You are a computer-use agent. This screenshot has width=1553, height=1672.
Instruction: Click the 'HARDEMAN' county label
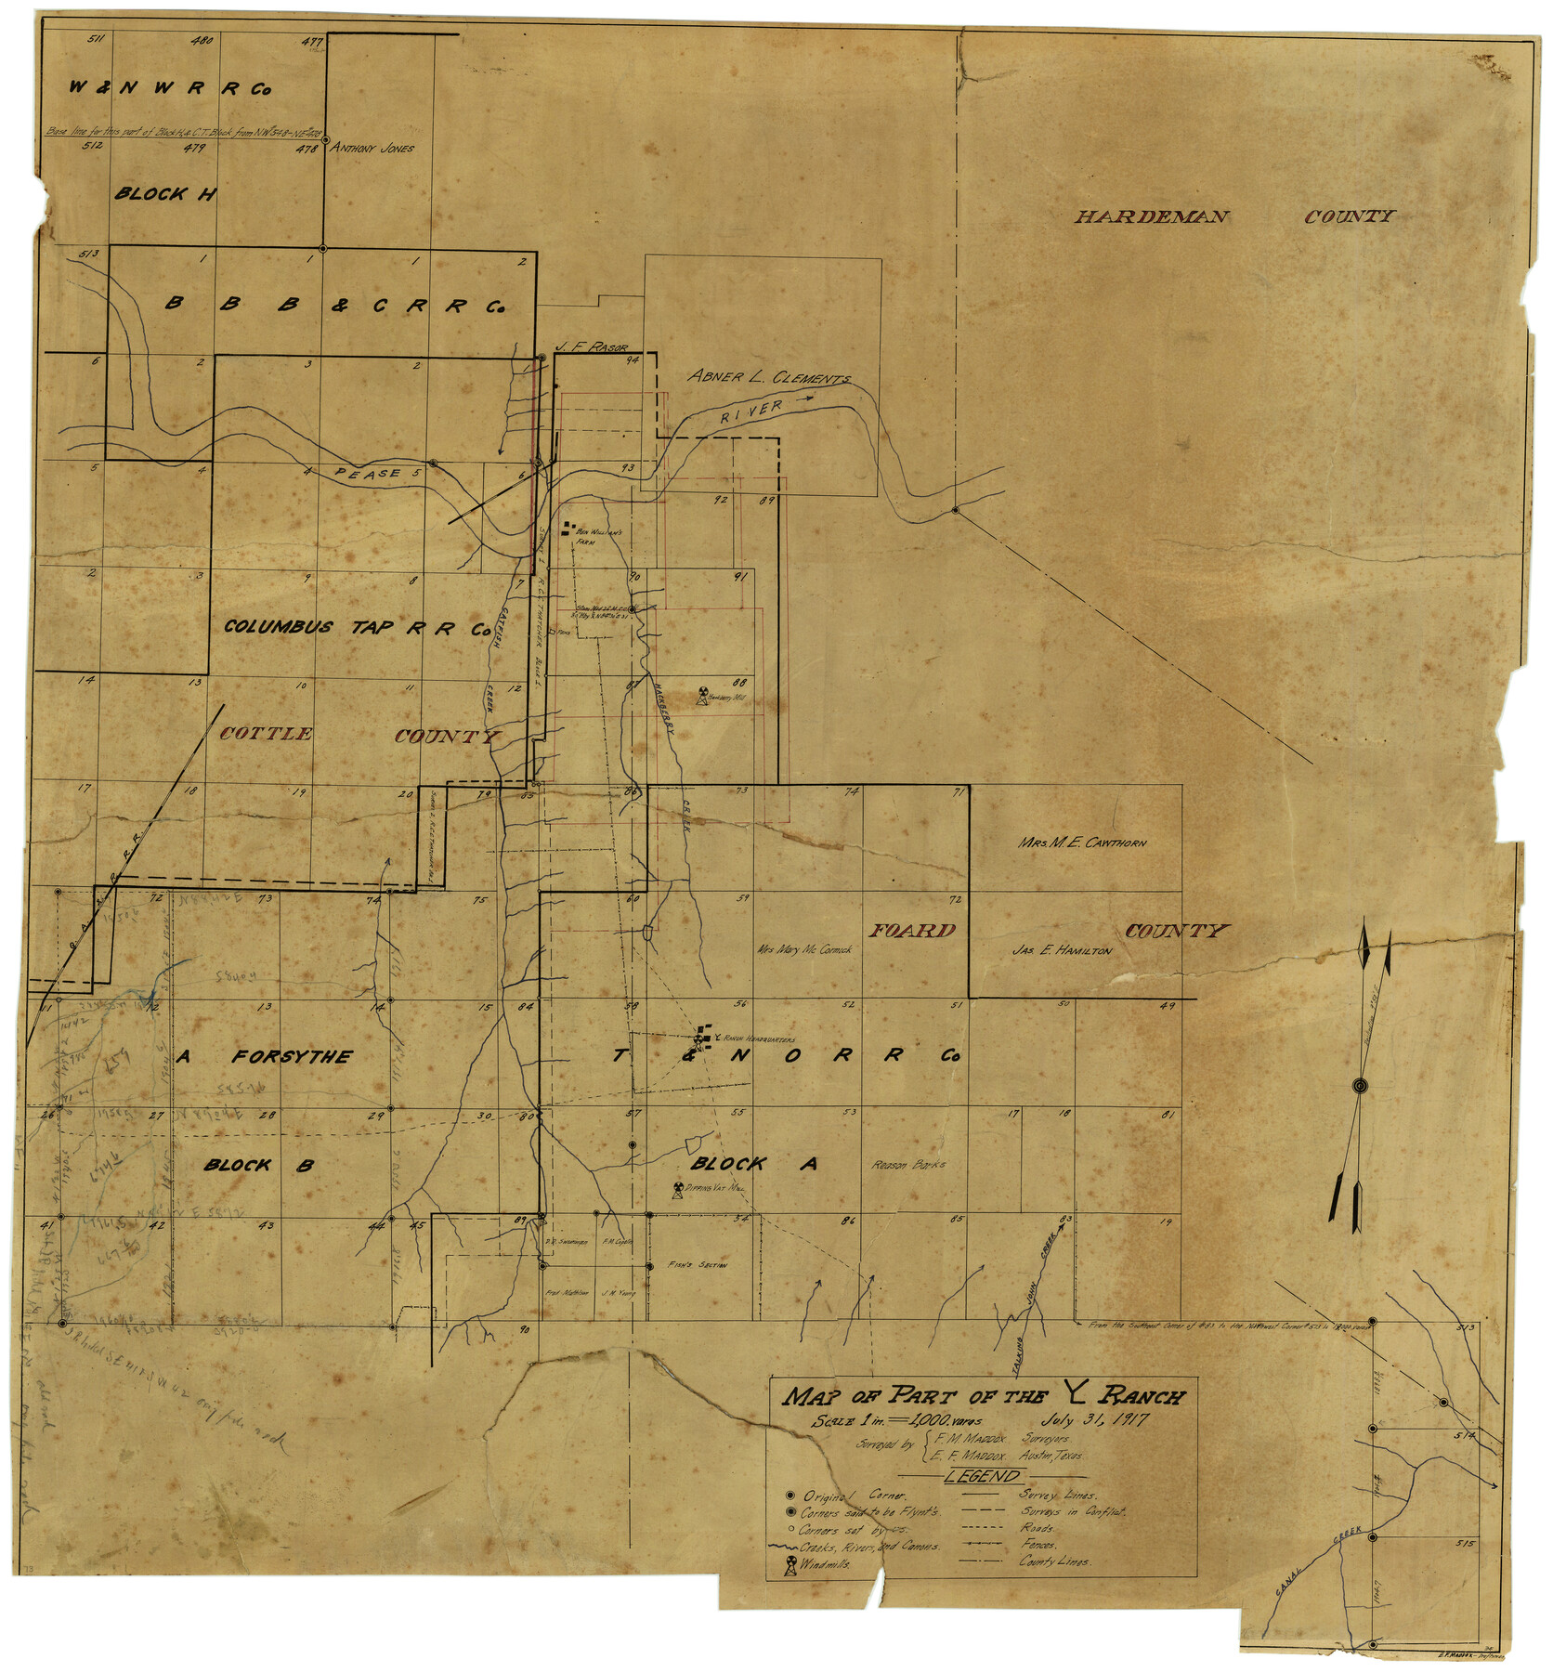pyautogui.click(x=1152, y=217)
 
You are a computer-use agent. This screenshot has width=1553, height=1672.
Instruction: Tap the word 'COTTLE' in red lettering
pyautogui.click(x=266, y=734)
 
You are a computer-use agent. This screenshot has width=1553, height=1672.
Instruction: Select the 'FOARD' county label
pyautogui.click(x=913, y=931)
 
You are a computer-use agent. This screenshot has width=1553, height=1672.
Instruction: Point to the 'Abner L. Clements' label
pyautogui.click(x=768, y=377)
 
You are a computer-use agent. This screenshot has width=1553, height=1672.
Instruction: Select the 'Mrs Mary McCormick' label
pyautogui.click(x=804, y=949)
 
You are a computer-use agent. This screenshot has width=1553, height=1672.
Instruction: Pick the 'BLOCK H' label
pyautogui.click(x=164, y=194)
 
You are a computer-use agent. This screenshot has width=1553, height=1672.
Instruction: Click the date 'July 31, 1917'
pyautogui.click(x=1096, y=1420)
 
